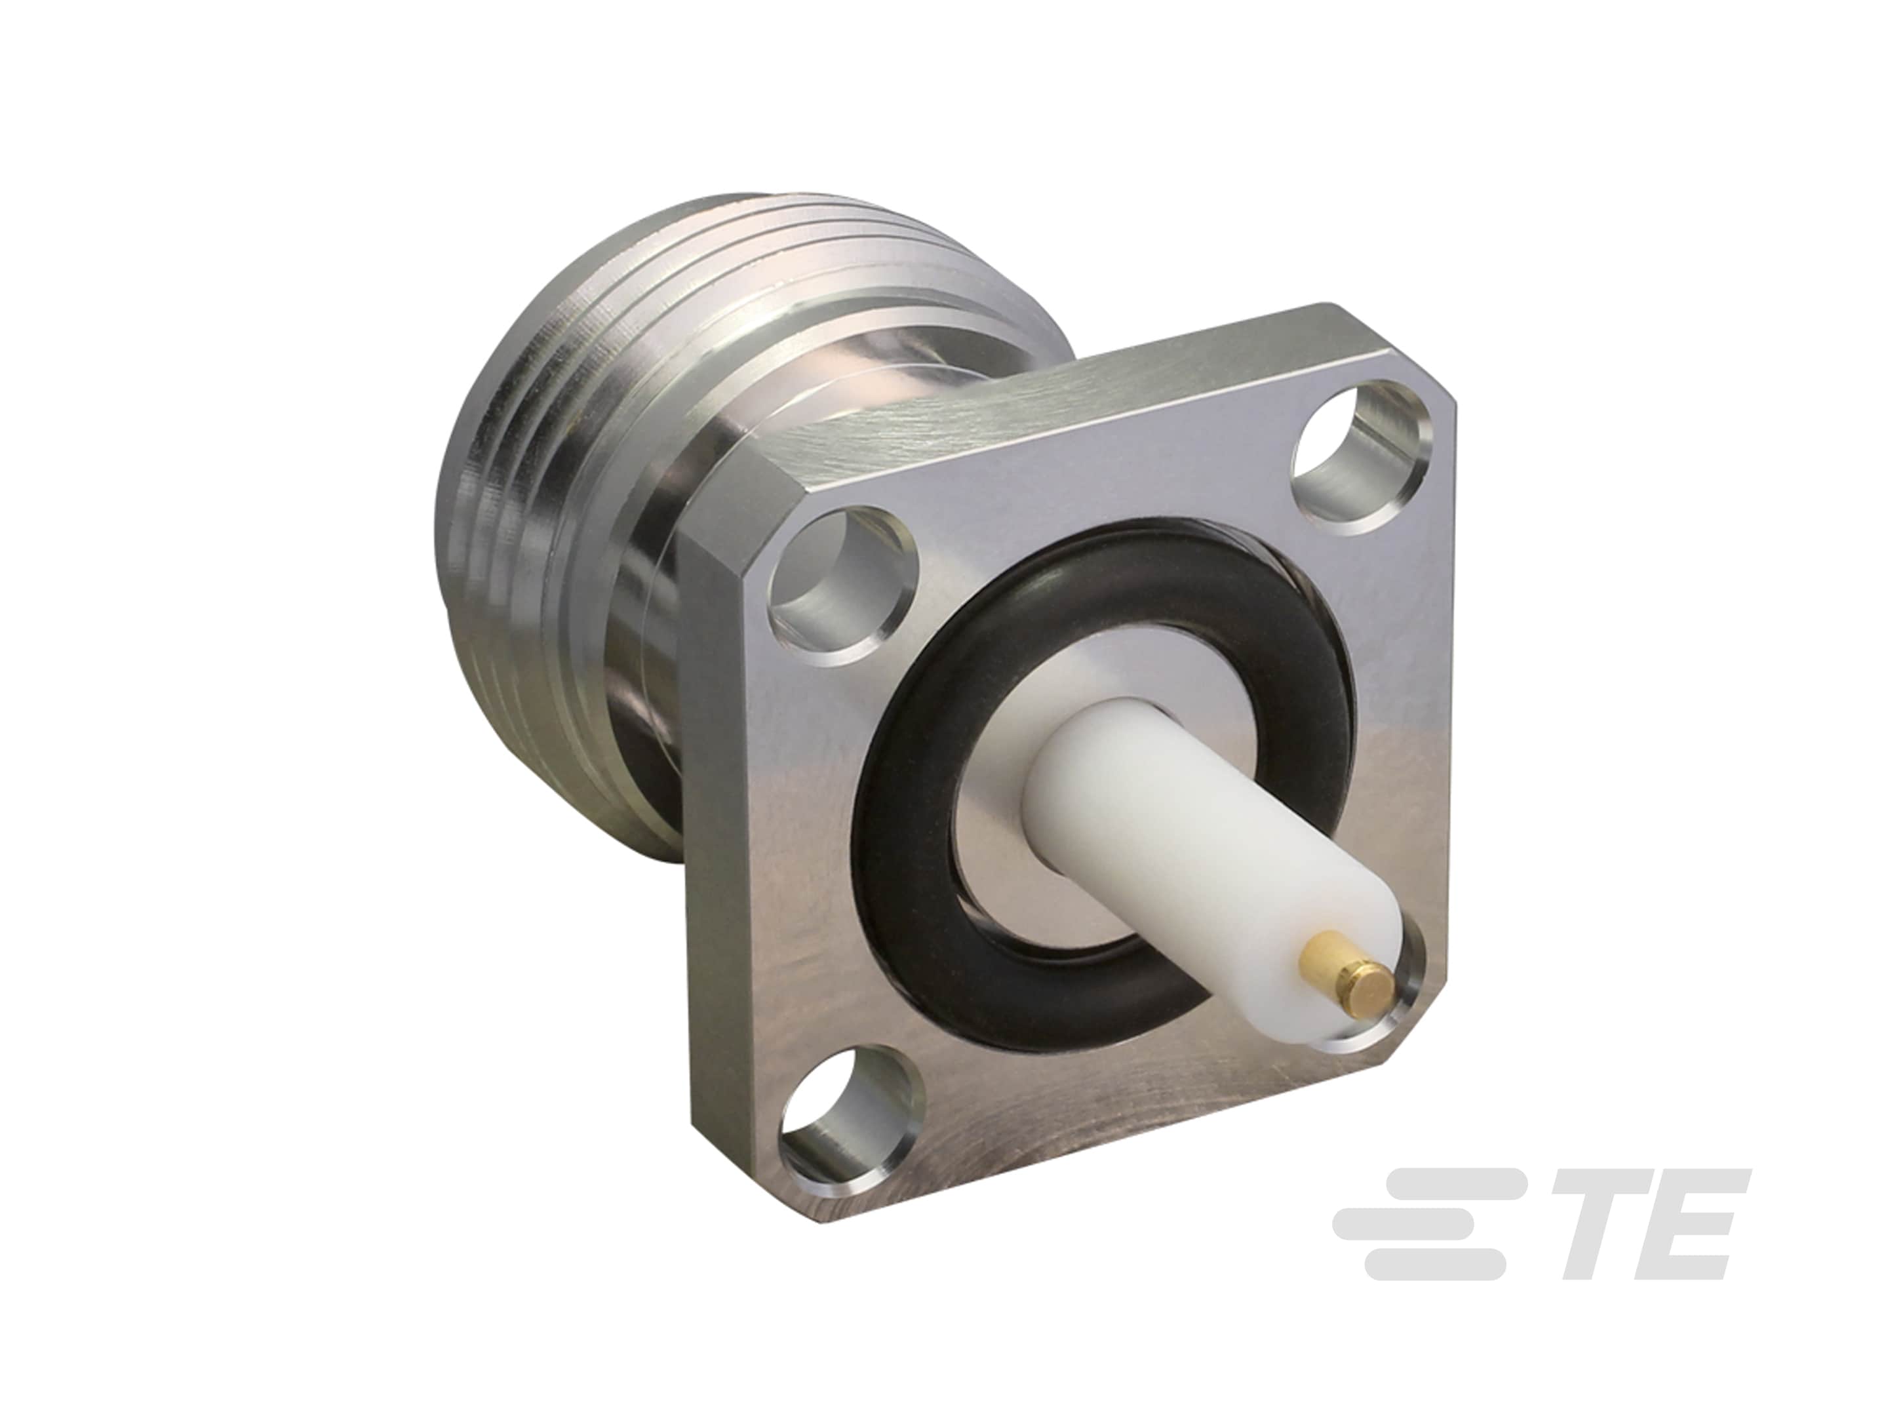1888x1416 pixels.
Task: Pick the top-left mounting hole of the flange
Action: (x=830, y=568)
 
